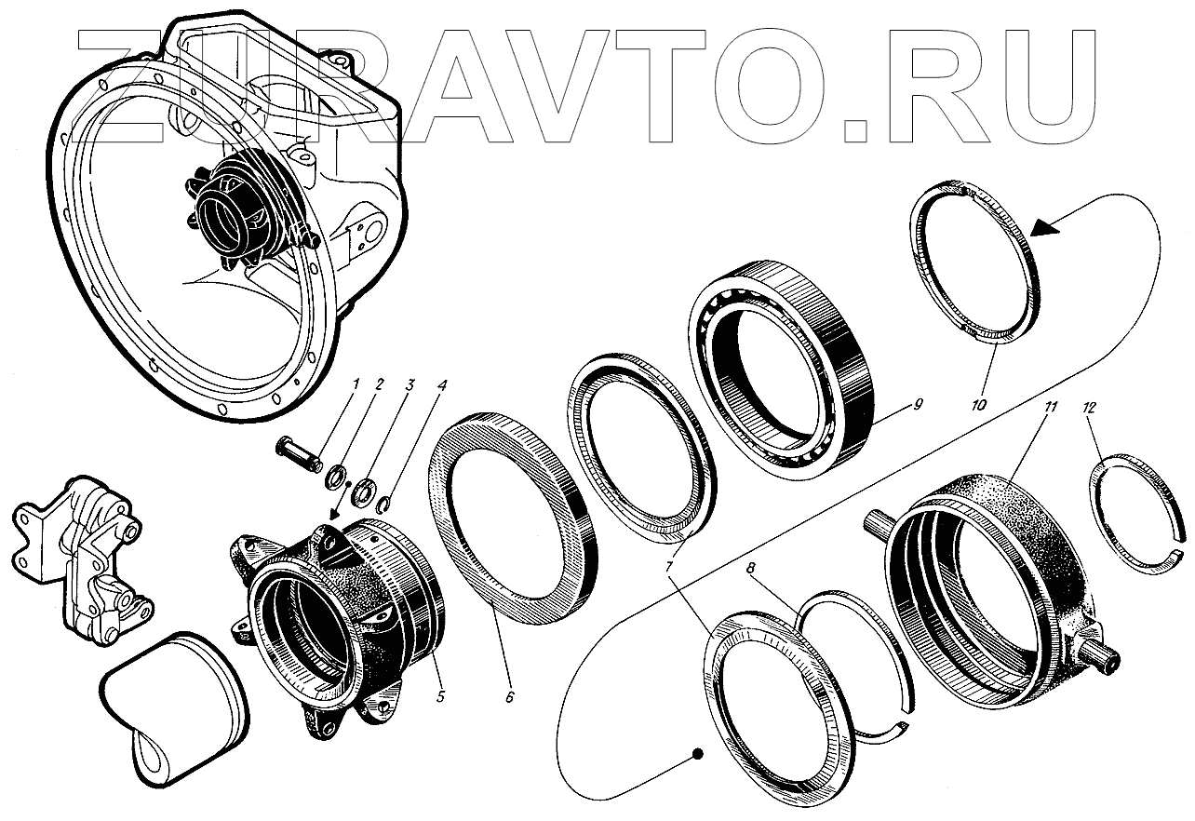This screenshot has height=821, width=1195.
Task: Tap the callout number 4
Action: point(442,384)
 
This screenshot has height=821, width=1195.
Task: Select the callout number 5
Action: point(440,696)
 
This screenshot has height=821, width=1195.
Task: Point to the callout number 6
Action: point(510,697)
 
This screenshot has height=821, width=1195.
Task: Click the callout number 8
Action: point(751,568)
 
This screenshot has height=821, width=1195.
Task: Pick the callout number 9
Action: point(917,405)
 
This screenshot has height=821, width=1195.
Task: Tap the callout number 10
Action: point(978,405)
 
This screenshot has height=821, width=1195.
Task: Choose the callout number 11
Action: point(1050,407)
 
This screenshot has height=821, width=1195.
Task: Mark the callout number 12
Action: point(1090,408)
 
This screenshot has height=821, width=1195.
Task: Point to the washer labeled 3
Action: point(365,491)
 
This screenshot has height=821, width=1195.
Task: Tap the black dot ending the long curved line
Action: point(697,753)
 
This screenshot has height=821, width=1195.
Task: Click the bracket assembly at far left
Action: point(80,555)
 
